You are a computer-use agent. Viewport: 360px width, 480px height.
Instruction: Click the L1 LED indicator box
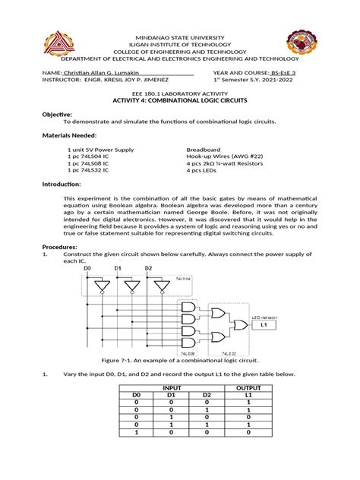pyautogui.click(x=263, y=324)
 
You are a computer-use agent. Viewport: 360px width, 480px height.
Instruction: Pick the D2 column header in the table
pyautogui.click(x=207, y=395)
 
